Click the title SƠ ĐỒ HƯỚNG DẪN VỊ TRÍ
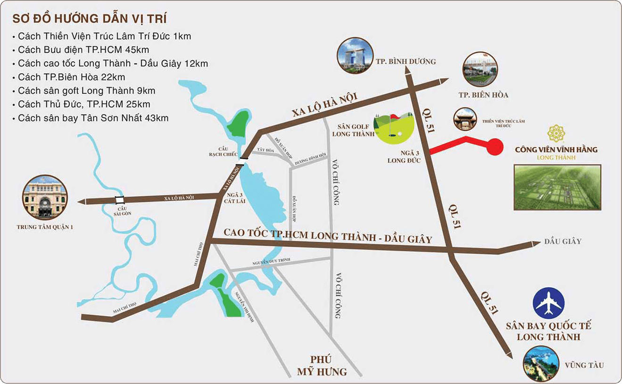pos(90,19)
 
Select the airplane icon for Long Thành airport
pos(548,303)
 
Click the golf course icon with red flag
pos(394,127)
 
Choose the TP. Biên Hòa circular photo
pos(480,68)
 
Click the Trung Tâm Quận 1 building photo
pos(45,197)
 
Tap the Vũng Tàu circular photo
pos(541,364)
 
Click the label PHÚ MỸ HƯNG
pos(322,366)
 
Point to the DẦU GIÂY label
pos(563,241)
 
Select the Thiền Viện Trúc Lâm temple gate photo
pos(464,119)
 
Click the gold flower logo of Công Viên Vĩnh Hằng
pos(556,134)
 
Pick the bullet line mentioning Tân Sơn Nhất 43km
pos(93,118)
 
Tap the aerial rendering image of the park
pos(557,187)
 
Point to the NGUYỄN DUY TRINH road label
pos(271,262)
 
